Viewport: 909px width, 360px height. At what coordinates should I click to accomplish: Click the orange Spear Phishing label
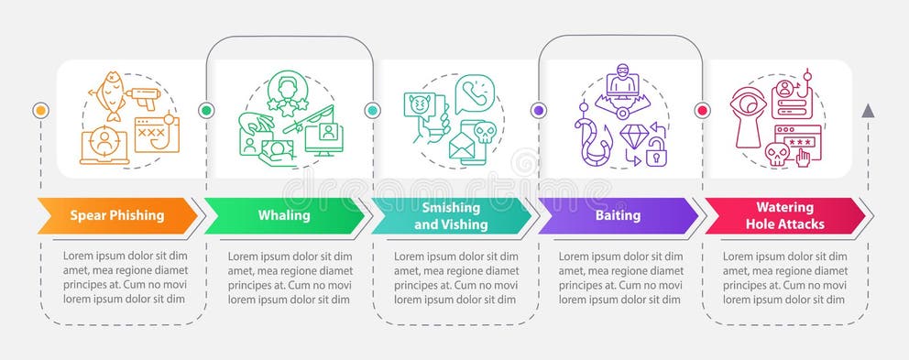pos(117,216)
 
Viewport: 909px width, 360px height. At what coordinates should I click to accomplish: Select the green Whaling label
pos(284,216)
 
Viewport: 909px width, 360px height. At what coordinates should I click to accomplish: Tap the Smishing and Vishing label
pos(450,216)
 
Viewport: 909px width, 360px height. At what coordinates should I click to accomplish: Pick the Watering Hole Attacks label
pos(783,216)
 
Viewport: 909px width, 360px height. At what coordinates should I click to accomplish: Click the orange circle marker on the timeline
pos(39,110)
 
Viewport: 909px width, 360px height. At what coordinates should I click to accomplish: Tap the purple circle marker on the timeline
pos(539,110)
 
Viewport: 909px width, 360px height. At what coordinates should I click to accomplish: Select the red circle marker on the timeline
pos(704,110)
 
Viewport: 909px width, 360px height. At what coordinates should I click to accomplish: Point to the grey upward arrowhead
pos(868,111)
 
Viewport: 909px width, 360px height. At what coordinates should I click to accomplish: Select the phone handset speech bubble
pos(475,92)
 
